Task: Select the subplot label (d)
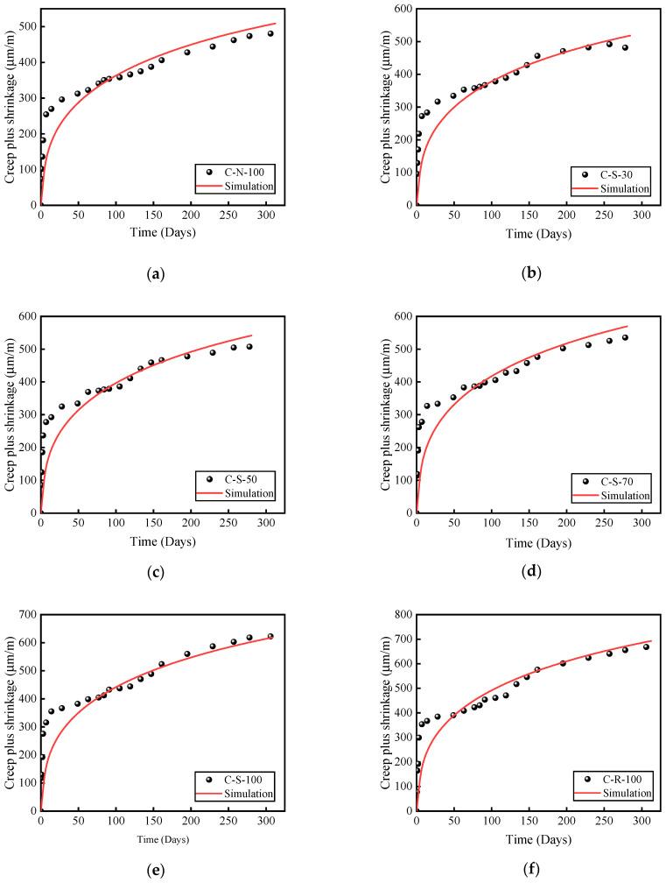[x=530, y=573]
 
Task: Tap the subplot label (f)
[x=530, y=872]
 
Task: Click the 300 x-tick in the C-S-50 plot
[x=266, y=524]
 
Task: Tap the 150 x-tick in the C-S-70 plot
[x=529, y=524]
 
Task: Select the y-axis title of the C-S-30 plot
[x=385, y=106]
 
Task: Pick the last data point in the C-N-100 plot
[x=270, y=34]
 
